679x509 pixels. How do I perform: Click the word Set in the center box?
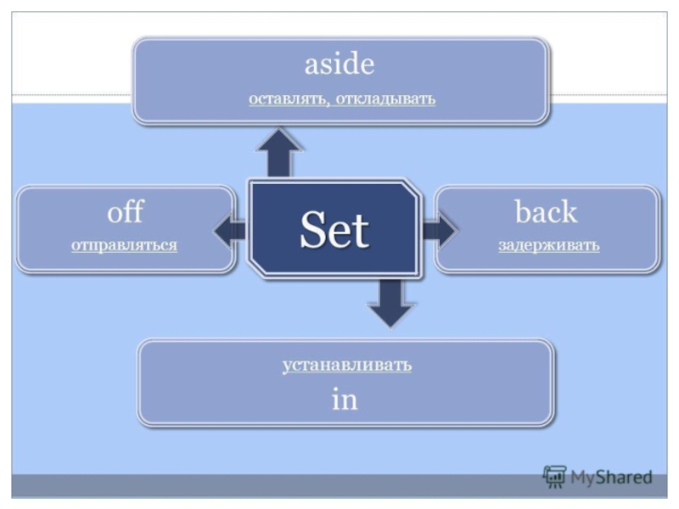[x=334, y=229]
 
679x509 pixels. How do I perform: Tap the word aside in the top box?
[x=339, y=64]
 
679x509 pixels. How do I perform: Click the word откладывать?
[x=385, y=99]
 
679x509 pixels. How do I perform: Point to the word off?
[x=124, y=212]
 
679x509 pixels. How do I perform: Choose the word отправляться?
[x=124, y=245]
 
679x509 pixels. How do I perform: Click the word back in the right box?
[x=546, y=212]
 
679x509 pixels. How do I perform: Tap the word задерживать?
[x=548, y=245]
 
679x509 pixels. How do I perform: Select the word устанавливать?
[x=346, y=365]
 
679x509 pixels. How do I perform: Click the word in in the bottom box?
[x=345, y=400]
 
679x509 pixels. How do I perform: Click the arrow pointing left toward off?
[x=229, y=229]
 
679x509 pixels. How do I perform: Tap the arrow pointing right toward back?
[x=439, y=229]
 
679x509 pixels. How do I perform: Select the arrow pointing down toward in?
[x=390, y=303]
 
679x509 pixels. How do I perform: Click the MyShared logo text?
[x=611, y=478]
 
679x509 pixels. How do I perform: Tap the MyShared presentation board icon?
[x=554, y=478]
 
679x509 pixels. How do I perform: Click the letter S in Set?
[x=311, y=229]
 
